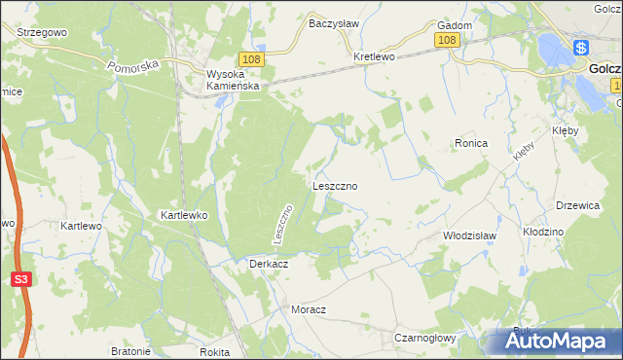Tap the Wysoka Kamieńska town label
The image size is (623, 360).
(x=231, y=80)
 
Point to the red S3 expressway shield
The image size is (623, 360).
(x=21, y=280)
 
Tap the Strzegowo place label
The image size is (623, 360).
(x=41, y=32)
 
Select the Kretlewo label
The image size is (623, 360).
(x=374, y=56)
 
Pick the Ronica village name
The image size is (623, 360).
(x=470, y=143)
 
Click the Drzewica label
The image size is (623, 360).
(x=575, y=205)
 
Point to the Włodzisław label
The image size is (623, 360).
(x=469, y=235)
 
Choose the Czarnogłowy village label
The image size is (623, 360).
(x=424, y=338)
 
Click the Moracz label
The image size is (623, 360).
(x=308, y=309)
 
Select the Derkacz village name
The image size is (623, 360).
(x=267, y=264)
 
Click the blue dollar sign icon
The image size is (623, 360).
(x=580, y=47)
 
